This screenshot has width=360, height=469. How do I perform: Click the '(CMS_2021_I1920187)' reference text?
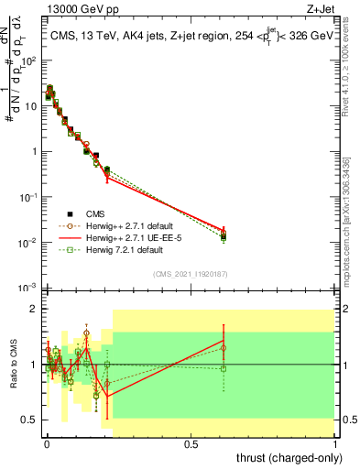tap(191, 273)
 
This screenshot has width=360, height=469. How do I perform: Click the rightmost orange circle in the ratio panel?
tap(224, 348)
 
